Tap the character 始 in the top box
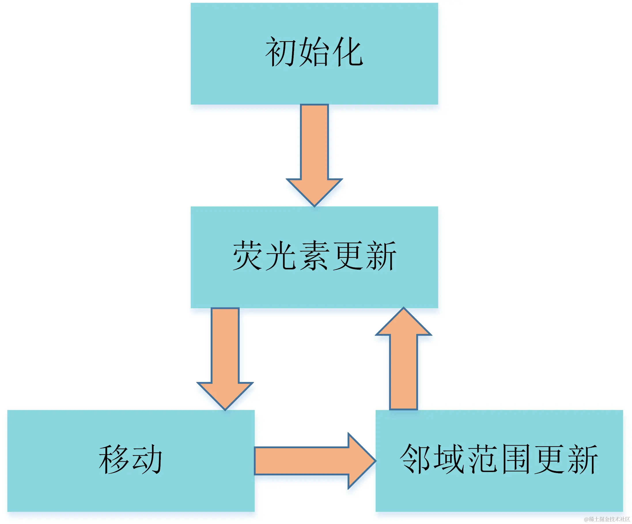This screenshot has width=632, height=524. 315,52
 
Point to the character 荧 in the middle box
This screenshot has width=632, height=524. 249,256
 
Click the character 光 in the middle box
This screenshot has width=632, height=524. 281,256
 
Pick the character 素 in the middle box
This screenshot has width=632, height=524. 315,256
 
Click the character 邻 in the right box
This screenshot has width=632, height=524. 416,459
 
